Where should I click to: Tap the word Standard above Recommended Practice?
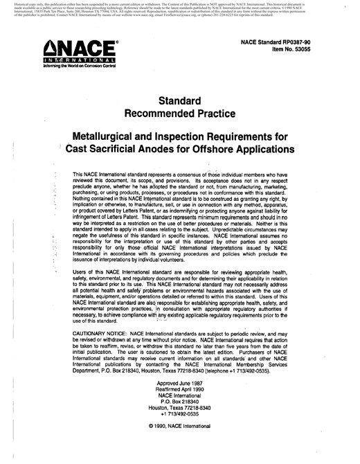pyautogui.click(x=180, y=100)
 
